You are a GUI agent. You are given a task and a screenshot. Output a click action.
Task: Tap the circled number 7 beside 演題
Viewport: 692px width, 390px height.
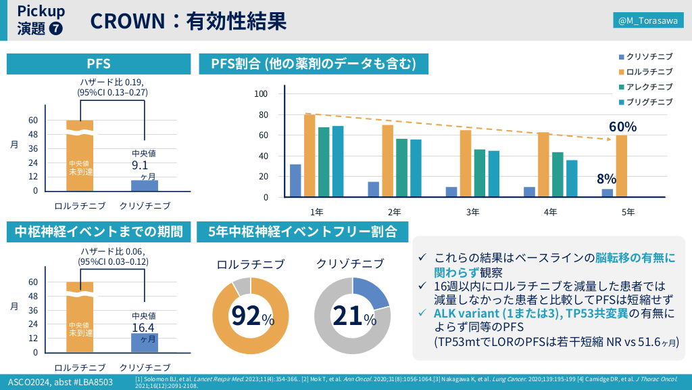point(56,29)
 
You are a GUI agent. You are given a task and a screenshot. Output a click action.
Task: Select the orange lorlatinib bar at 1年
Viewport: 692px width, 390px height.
point(310,156)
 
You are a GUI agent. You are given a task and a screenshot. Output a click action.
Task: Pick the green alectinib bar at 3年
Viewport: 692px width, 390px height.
point(480,173)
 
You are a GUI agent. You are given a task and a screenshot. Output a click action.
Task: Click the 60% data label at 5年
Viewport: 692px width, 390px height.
point(622,127)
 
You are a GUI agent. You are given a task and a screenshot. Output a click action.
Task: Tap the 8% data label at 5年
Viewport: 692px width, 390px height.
point(606,179)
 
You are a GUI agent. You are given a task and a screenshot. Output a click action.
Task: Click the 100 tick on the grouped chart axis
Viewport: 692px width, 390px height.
point(261,93)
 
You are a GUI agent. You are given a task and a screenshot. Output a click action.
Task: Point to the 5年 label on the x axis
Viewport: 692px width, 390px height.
point(628,212)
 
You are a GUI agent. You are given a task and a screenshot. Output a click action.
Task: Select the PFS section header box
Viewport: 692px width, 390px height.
point(99,64)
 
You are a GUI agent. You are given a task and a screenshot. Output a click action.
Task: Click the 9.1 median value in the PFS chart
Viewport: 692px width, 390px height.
point(140,164)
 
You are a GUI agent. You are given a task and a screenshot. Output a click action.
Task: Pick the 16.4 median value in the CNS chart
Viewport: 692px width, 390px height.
point(142,327)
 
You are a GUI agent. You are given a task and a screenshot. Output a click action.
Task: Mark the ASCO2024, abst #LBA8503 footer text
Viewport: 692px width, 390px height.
point(60,382)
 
